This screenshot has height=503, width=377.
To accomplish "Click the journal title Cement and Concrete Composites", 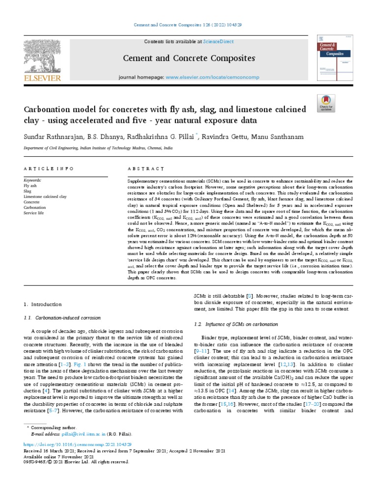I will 189,58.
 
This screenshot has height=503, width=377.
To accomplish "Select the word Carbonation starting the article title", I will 48,109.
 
